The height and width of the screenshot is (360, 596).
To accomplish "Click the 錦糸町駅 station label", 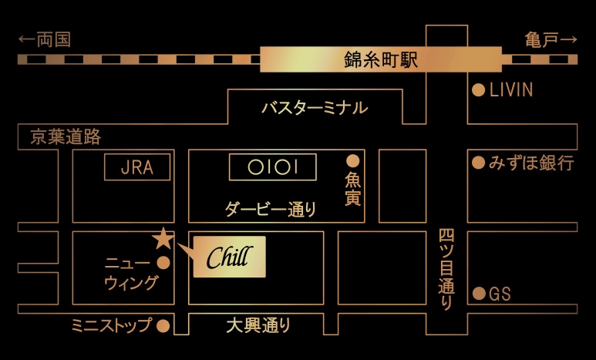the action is coord(381,59).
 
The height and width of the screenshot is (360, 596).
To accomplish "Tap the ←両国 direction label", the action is coord(45,39).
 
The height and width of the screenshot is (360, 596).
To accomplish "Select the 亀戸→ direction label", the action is coord(551,39).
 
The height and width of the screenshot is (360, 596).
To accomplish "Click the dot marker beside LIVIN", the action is coord(479,90).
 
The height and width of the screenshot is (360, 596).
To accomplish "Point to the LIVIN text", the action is coord(511,90).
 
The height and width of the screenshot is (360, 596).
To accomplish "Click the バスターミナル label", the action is coord(315,108).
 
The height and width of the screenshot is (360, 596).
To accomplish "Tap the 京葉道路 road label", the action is coord(66,136).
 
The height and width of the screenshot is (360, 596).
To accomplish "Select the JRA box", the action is coord(137,167).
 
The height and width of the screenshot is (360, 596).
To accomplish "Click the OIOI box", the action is coord(272,167).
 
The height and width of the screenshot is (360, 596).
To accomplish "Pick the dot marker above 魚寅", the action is coord(352,161).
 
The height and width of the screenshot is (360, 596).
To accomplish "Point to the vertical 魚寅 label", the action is coord(352,189).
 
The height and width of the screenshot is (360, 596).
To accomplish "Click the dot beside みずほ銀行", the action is coord(479,163).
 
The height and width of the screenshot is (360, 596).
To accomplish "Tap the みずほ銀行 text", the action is coord(531,163).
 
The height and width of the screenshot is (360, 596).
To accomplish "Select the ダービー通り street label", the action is coord(271,209).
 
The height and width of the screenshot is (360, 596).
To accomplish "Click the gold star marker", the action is coord(163,238).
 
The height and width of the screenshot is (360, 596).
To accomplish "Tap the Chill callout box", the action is coord(230,257).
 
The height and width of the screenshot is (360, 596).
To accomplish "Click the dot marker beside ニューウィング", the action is coord(163,263).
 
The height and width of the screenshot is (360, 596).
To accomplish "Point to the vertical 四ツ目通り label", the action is coord(446,270).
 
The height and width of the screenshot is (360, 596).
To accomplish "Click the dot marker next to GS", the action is coord(479,294).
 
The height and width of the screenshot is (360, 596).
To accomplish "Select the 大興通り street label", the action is coord(258,325).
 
